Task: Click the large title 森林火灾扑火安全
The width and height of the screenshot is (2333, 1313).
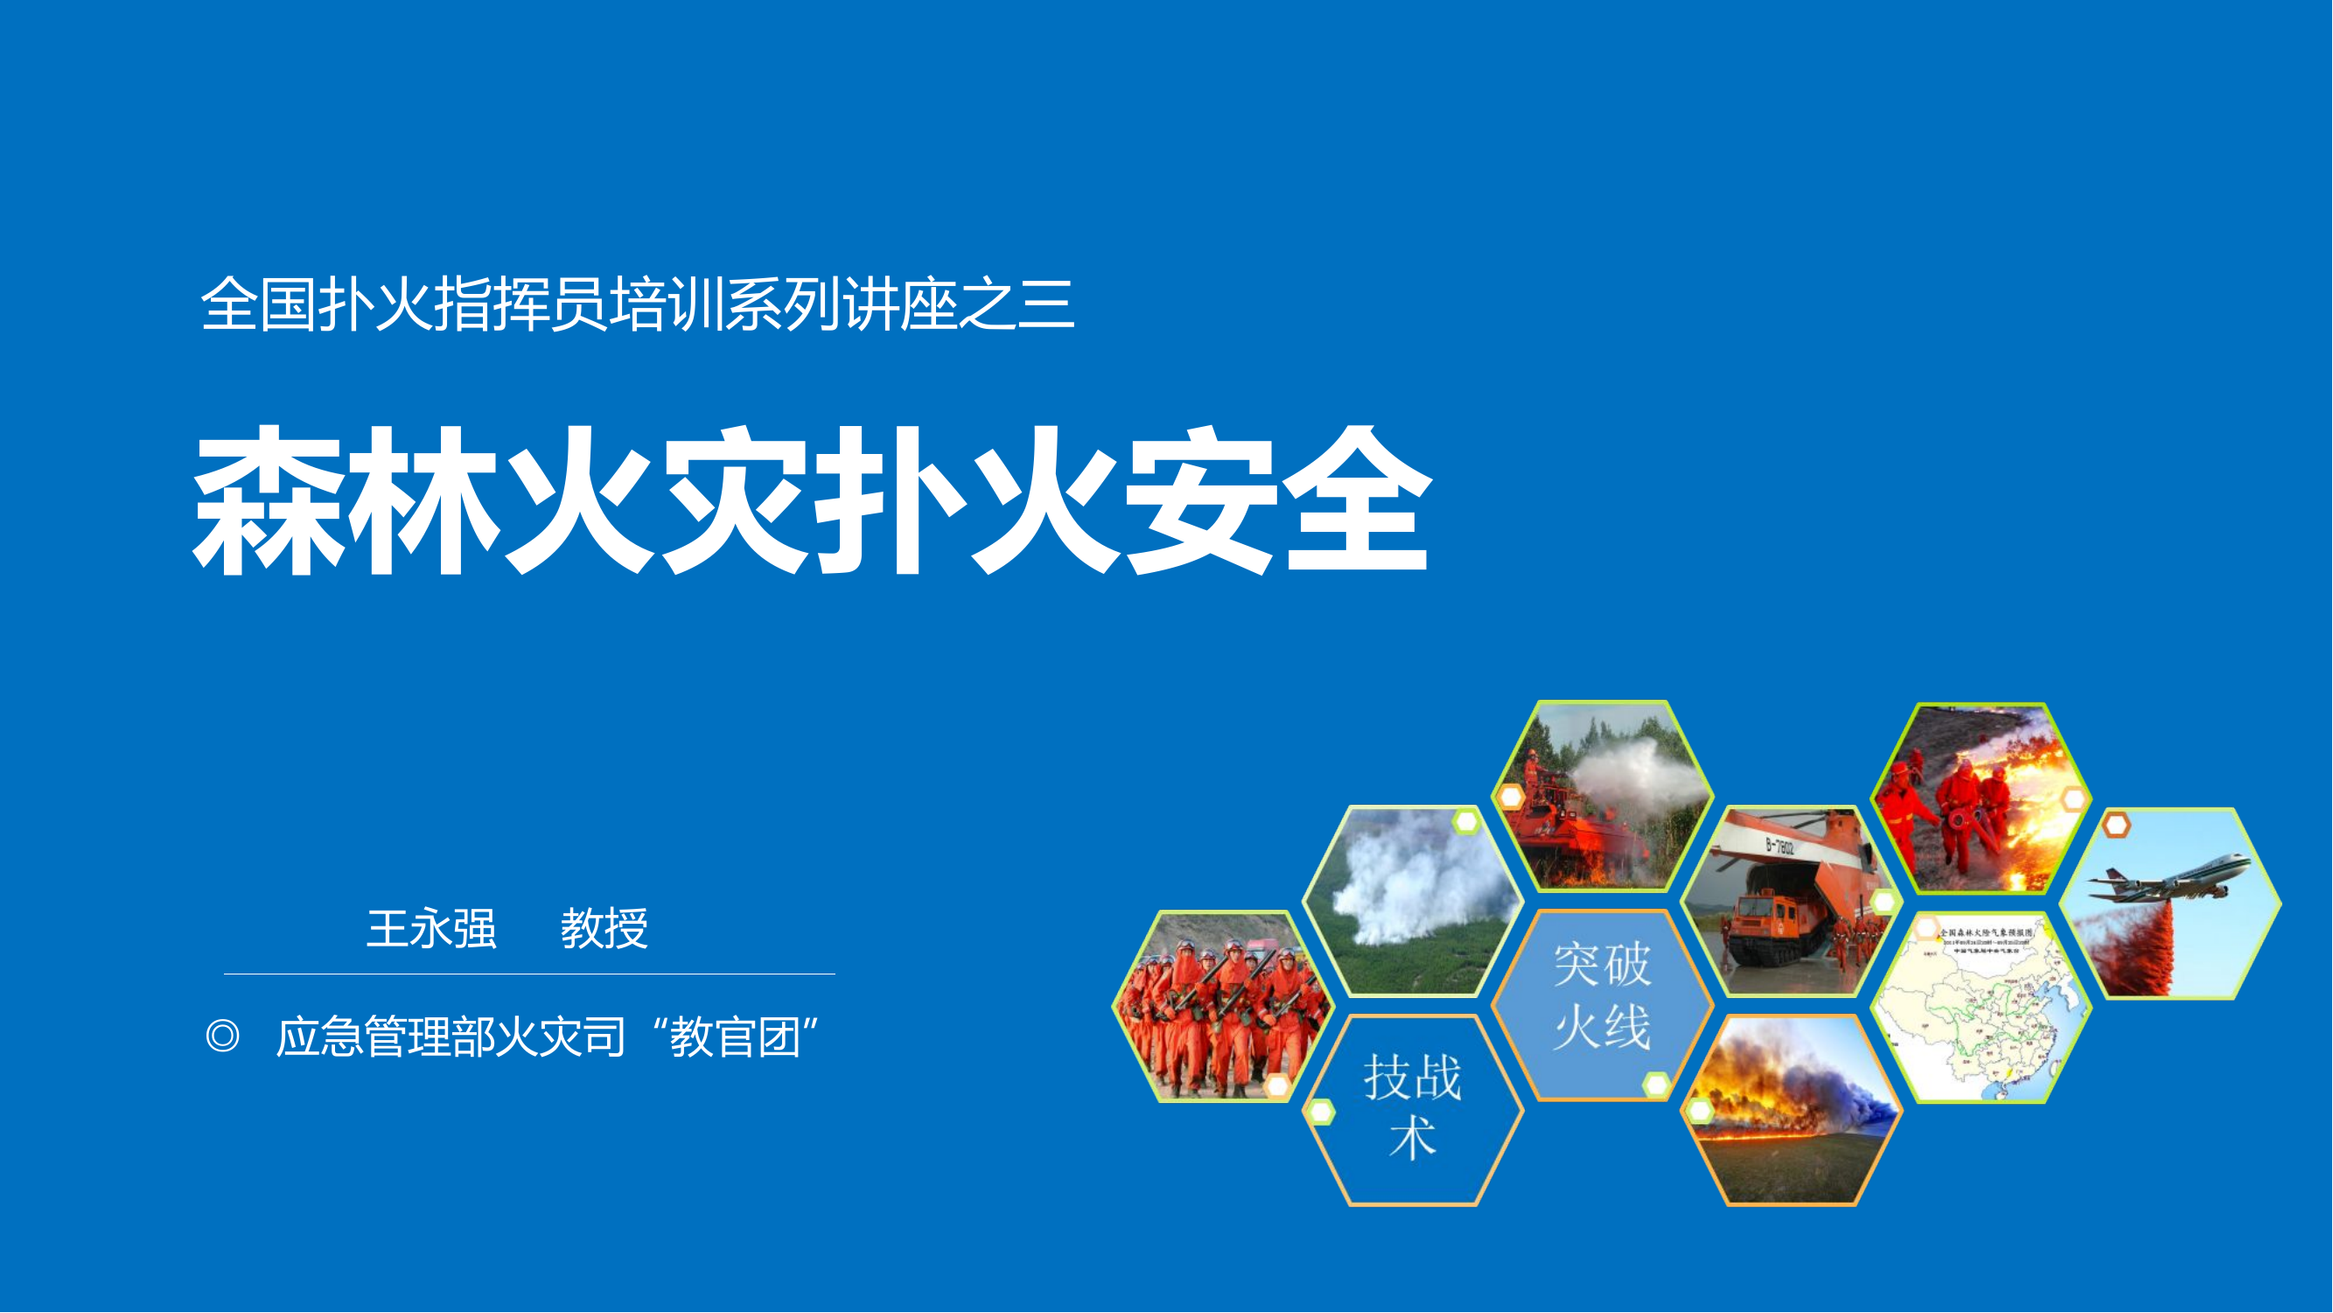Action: point(812,499)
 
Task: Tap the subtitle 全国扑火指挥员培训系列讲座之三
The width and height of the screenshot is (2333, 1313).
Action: point(638,304)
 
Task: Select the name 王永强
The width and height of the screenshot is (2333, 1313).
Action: point(432,929)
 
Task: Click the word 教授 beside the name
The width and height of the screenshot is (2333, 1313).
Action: point(604,929)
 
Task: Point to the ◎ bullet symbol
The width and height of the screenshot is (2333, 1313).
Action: point(223,1036)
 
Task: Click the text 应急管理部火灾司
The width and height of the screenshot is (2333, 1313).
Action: point(451,1037)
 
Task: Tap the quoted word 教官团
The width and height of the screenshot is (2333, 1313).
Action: point(735,1037)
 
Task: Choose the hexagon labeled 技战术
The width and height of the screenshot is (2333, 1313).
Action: point(1413,1108)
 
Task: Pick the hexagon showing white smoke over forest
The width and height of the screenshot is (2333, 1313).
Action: point(1413,901)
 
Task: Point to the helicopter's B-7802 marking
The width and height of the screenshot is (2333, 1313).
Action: point(1778,848)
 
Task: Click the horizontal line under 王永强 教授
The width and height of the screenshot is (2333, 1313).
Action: point(529,974)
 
